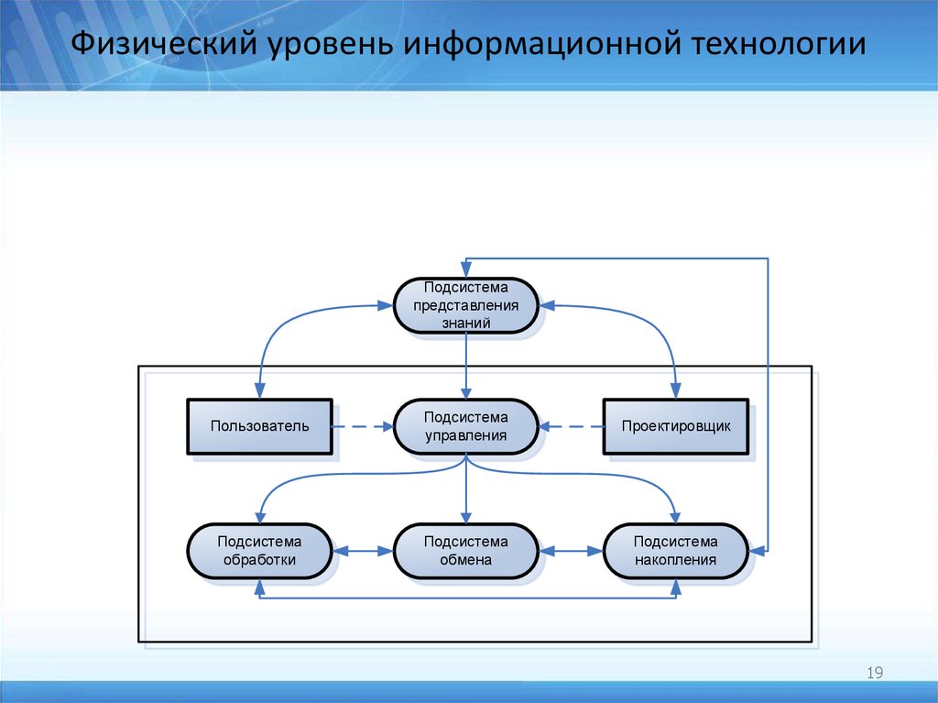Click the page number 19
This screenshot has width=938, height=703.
coord(874,675)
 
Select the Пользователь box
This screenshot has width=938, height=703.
coord(259,426)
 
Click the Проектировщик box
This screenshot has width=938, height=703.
coord(676,426)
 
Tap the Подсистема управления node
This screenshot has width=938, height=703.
coord(465,426)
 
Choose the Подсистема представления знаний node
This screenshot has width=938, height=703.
coord(465,305)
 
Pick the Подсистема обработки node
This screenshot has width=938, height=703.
coord(259,551)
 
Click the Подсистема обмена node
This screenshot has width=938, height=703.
coord(465,551)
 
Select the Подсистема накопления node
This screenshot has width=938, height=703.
coord(676,551)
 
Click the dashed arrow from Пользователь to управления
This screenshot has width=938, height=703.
coord(362,426)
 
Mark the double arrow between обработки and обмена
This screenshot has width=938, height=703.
coord(363,551)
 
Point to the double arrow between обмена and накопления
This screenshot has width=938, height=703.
coord(571,551)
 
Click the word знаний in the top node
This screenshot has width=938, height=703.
coord(465,323)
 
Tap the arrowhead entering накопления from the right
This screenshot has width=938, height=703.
coord(757,551)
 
